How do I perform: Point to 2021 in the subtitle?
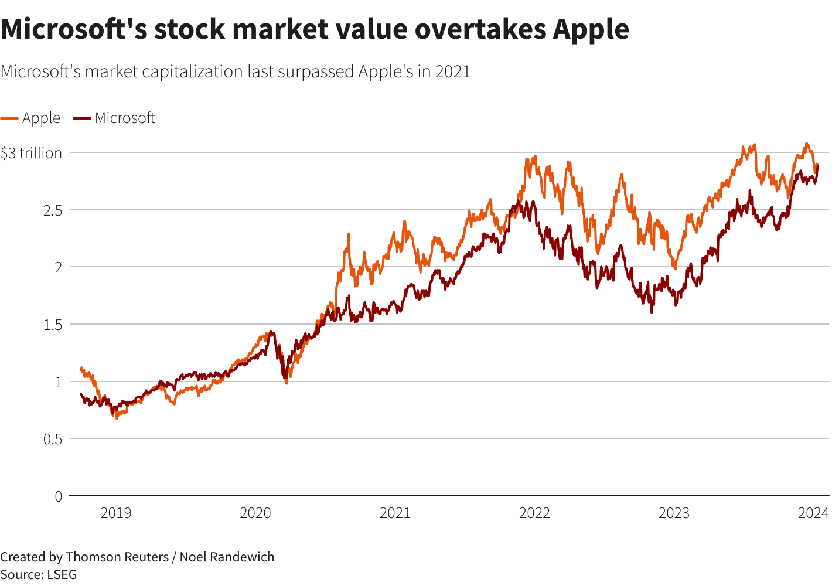[452, 71]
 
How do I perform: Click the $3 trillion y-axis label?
[32, 153]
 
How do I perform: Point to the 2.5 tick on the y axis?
[53, 210]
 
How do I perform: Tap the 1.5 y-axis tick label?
[53, 325]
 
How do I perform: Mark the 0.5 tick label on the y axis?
[53, 439]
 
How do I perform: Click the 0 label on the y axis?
[58, 496]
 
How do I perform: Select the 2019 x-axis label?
[116, 513]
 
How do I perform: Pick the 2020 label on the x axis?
[255, 513]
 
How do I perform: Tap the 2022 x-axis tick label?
[534, 513]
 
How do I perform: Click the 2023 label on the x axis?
[674, 513]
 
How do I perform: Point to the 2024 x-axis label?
[813, 513]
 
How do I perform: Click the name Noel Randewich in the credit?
[227, 557]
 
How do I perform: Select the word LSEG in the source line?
[61, 574]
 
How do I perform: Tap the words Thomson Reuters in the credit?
[117, 557]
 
